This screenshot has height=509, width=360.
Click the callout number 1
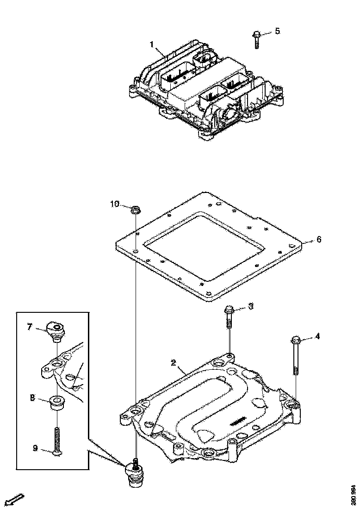point(151,44)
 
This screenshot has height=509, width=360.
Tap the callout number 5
point(277,31)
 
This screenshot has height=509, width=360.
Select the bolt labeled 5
point(256,39)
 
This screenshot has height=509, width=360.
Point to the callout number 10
point(115,204)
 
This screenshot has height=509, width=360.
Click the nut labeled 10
point(136,209)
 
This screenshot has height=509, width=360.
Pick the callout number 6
point(318,240)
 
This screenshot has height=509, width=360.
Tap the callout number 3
point(251,306)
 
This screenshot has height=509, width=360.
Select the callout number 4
point(317,336)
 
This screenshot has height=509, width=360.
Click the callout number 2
point(173,363)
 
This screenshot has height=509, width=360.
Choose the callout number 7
point(30,327)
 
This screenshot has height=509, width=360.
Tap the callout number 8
point(32,397)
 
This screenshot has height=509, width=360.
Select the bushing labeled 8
point(56,402)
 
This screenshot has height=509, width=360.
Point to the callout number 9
point(35,447)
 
